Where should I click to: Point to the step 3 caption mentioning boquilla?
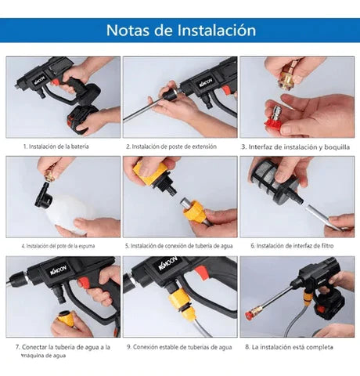point(296,146)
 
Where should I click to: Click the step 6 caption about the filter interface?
point(295,245)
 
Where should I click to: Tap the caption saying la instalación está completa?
point(295,345)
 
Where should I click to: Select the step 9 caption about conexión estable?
point(181,345)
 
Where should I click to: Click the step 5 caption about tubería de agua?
point(181,245)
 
